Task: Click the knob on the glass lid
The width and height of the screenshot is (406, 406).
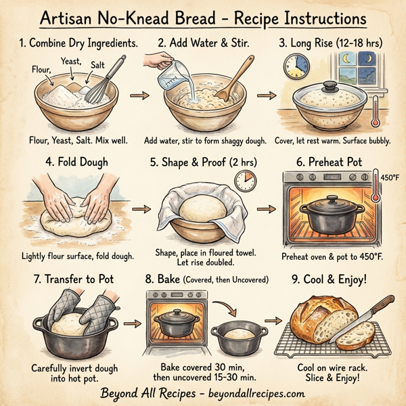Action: click(330, 86)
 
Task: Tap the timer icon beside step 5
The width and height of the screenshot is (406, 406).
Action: click(244, 181)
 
